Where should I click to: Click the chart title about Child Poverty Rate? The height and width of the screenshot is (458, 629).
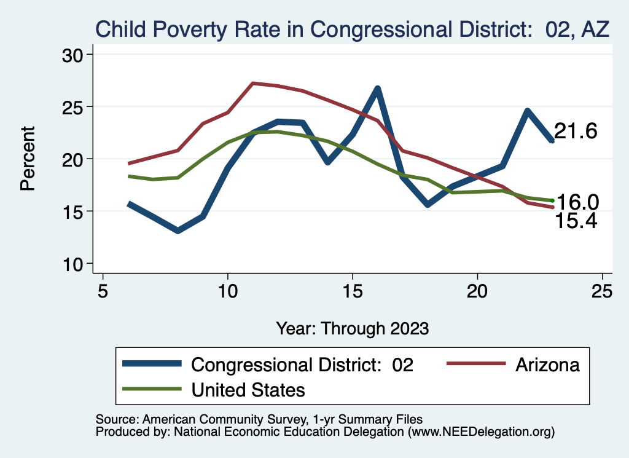(352, 29)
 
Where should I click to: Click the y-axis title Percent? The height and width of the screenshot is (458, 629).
(28, 159)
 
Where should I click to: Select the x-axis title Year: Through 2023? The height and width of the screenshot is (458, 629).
(352, 328)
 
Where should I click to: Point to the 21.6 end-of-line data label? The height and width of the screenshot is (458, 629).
(576, 131)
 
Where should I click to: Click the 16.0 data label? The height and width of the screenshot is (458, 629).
(577, 202)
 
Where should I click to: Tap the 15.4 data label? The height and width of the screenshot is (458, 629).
(576, 221)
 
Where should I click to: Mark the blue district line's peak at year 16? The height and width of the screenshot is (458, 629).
(378, 89)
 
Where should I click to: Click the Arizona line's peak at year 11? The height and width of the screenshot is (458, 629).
(253, 83)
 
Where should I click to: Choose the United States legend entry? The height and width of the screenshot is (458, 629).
(248, 389)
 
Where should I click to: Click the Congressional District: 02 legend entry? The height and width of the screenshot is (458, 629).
(302, 365)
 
